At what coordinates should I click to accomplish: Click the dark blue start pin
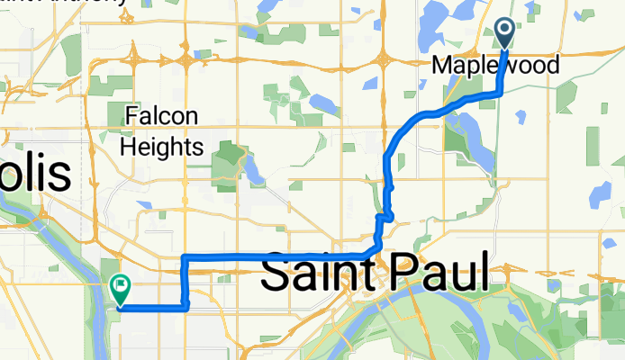point(503,32)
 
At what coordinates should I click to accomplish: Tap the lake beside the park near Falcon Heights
point(252,170)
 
